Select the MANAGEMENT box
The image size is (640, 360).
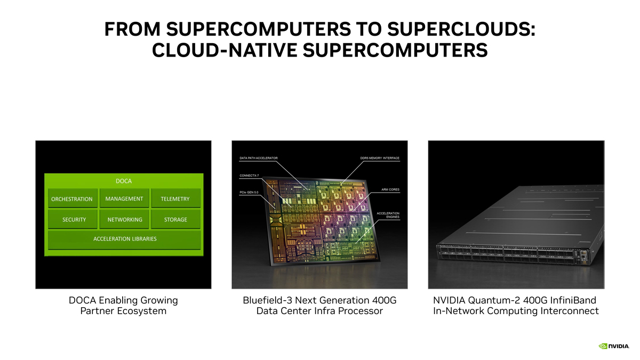coord(124,198)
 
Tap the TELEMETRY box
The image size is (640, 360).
coord(175,198)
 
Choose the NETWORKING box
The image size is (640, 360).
coord(124,219)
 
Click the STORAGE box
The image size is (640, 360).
coord(175,219)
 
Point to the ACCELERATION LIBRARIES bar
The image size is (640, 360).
coord(124,239)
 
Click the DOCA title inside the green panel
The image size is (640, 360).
coord(124,181)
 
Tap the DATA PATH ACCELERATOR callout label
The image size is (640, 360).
coord(259,158)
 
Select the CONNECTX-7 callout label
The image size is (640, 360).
coord(249,175)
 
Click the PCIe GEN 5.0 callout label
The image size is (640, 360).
coord(249,193)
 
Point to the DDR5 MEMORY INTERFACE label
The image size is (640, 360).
coord(380,158)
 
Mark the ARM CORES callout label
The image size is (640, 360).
coord(390,189)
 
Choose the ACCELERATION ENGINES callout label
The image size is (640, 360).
coord(388,215)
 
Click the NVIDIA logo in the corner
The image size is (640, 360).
coord(614,346)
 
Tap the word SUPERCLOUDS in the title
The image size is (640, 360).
coord(461,29)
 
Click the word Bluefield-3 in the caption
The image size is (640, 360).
coord(267,300)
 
